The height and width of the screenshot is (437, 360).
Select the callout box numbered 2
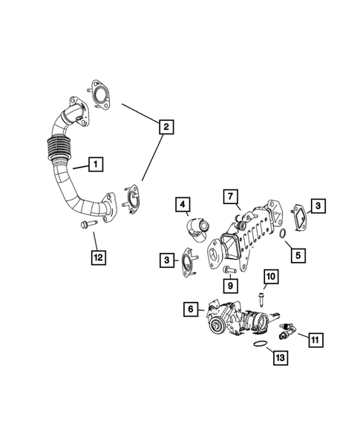tap(166, 128)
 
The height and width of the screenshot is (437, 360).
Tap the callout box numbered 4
tap(183, 203)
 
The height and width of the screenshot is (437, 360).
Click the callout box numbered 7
tap(231, 197)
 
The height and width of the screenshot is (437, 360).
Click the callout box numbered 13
tap(279, 358)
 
